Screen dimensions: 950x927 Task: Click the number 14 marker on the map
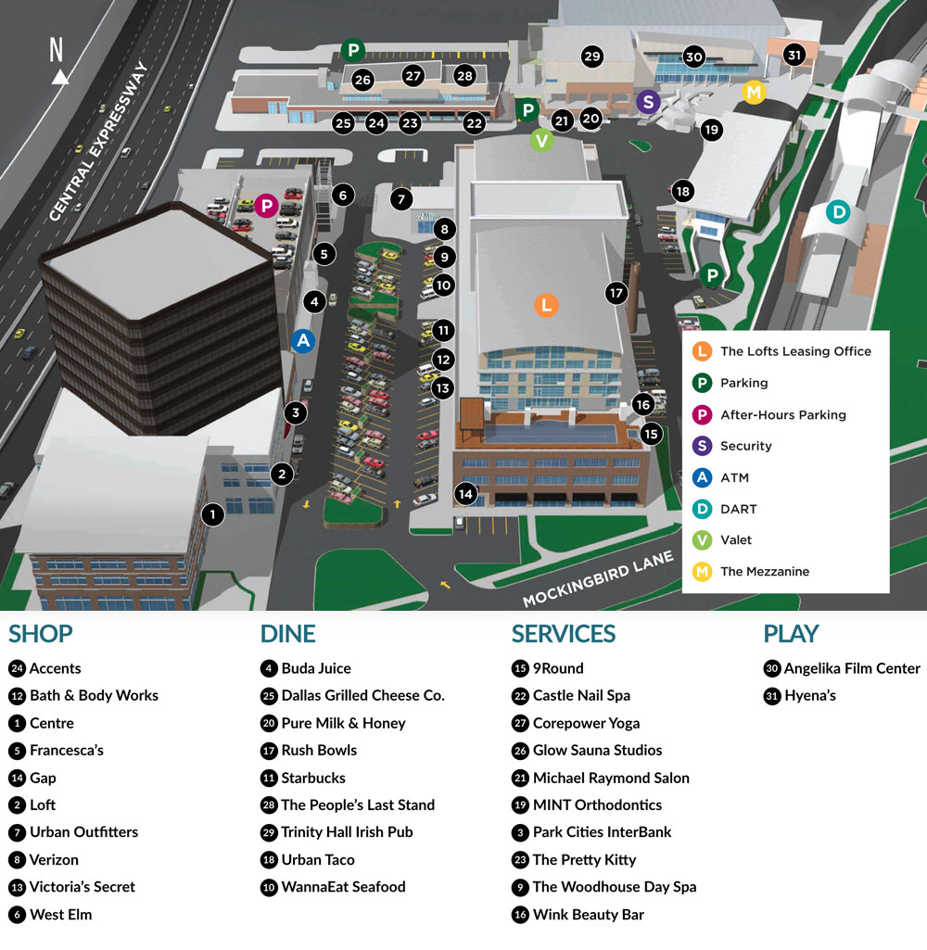[465, 494]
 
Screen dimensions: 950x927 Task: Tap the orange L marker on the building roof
[546, 304]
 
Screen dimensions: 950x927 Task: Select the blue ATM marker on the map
[303, 341]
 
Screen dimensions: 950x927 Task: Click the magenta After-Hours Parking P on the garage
[266, 206]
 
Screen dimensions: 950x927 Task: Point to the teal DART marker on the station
[838, 212]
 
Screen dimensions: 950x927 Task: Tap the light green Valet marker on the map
[542, 141]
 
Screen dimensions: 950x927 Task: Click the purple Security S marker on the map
[649, 102]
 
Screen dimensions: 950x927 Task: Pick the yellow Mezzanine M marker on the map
[755, 92]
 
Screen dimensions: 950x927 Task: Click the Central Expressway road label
[99, 142]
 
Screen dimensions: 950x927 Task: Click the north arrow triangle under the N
[60, 77]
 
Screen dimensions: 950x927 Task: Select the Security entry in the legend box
[745, 446]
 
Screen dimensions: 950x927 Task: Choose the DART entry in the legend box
[738, 509]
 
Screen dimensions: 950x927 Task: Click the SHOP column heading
[41, 634]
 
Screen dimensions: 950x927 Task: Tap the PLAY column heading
[791, 634]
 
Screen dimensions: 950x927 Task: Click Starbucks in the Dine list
[313, 778]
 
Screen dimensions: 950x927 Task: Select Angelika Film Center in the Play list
[852, 668]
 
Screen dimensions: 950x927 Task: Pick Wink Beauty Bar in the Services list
[588, 915]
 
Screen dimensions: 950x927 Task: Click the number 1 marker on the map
[213, 513]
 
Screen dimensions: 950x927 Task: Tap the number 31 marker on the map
[794, 54]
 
